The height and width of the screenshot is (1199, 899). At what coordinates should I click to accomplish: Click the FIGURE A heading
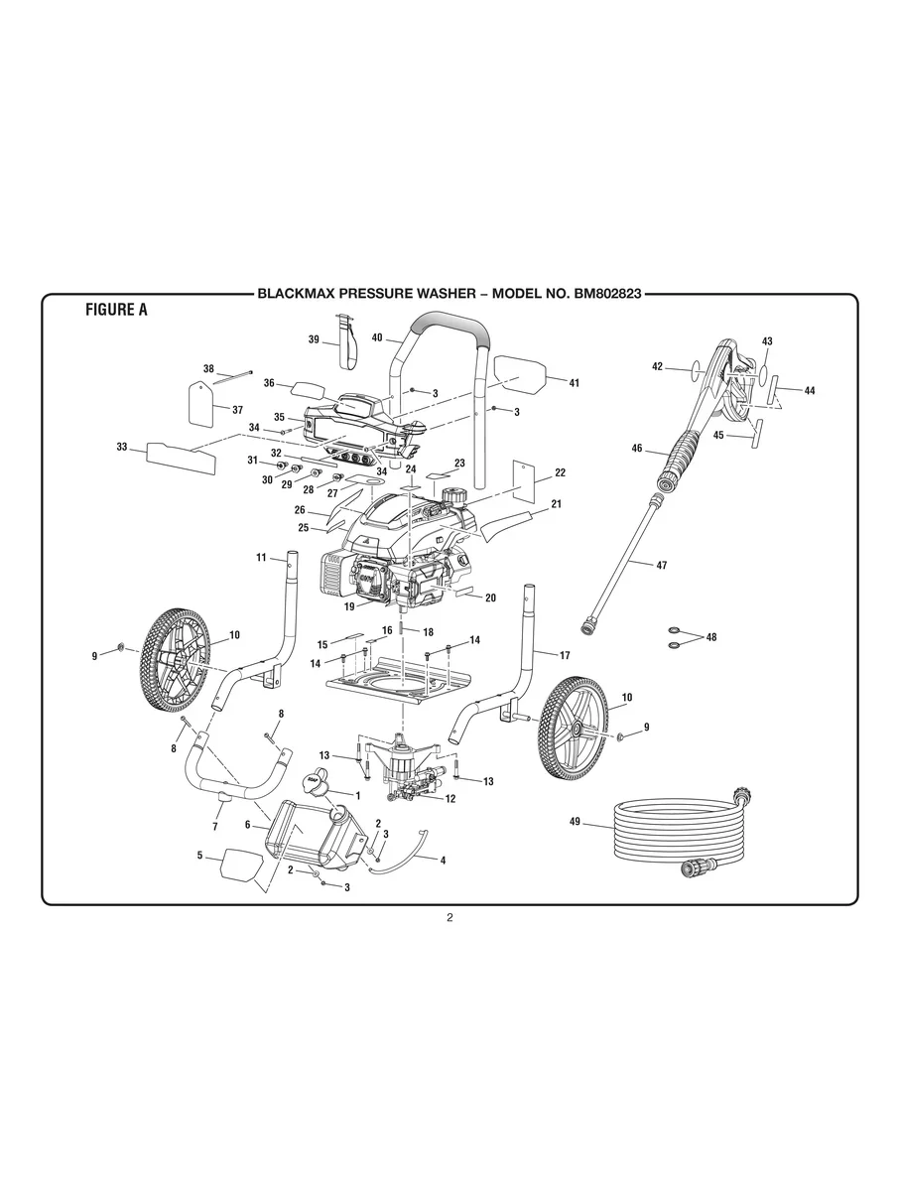pos(116,310)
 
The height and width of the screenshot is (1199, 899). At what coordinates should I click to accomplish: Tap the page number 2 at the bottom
pos(449,917)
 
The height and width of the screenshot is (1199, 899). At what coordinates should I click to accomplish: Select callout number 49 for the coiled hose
pos(575,822)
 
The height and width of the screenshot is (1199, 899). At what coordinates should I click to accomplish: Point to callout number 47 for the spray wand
pos(662,565)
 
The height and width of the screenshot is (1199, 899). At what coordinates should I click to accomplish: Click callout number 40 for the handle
pos(377,337)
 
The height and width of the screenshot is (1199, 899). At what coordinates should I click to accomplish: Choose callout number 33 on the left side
pos(122,447)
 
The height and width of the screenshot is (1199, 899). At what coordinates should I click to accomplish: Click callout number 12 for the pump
pos(449,799)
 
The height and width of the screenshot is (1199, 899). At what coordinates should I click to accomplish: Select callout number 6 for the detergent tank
pos(248,824)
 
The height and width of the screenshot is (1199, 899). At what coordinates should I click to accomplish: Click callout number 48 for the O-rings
pos(710,636)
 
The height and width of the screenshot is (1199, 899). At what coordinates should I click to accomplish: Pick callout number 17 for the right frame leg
pos(565,655)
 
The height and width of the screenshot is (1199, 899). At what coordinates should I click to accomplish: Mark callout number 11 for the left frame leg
pos(261,559)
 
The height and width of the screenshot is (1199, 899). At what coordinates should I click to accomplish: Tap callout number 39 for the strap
pos(313,339)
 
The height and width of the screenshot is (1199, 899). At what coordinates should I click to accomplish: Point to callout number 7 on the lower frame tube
pos(214,826)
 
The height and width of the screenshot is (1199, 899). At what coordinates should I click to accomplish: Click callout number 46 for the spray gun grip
pos(637,449)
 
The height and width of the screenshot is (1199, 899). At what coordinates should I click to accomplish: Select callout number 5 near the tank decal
pos(199,855)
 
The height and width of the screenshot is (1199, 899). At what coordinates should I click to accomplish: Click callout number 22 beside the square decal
pos(560,472)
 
